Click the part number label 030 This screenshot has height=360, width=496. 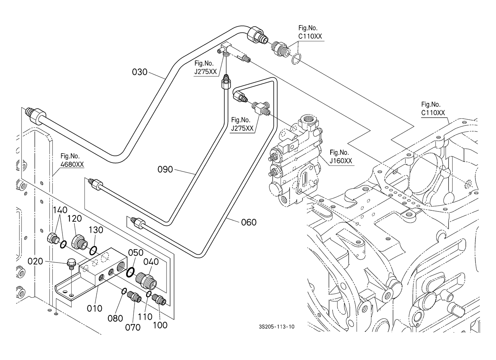point(140,72)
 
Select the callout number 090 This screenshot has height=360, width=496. point(165,169)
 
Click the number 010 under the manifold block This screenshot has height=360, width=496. point(95,308)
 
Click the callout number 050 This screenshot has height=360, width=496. point(136,253)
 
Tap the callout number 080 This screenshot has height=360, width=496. point(115,318)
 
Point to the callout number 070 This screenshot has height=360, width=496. point(133,327)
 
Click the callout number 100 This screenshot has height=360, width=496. point(160,325)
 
